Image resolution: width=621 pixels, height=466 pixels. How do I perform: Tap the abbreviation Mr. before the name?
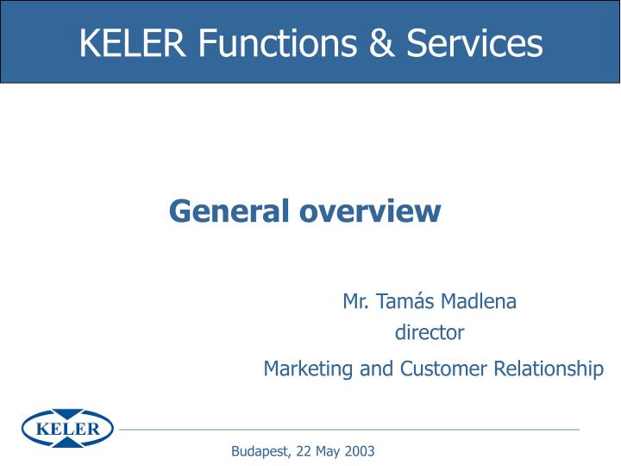pyautogui.click(x=355, y=301)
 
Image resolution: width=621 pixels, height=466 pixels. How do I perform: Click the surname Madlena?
pyautogui.click(x=479, y=301)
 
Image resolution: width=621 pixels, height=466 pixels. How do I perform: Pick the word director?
pyautogui.click(x=430, y=332)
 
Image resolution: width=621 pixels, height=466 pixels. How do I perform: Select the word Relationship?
pyautogui.click(x=548, y=369)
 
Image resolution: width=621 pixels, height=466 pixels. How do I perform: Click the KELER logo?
pyautogui.click(x=67, y=428)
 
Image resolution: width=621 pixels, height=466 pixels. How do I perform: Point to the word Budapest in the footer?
pyautogui.click(x=260, y=451)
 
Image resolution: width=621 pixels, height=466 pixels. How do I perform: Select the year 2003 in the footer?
pyautogui.click(x=361, y=451)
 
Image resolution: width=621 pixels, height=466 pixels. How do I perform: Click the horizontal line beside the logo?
pyautogui.click(x=345, y=429)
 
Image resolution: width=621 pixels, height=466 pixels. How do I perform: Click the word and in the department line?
pyautogui.click(x=376, y=369)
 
